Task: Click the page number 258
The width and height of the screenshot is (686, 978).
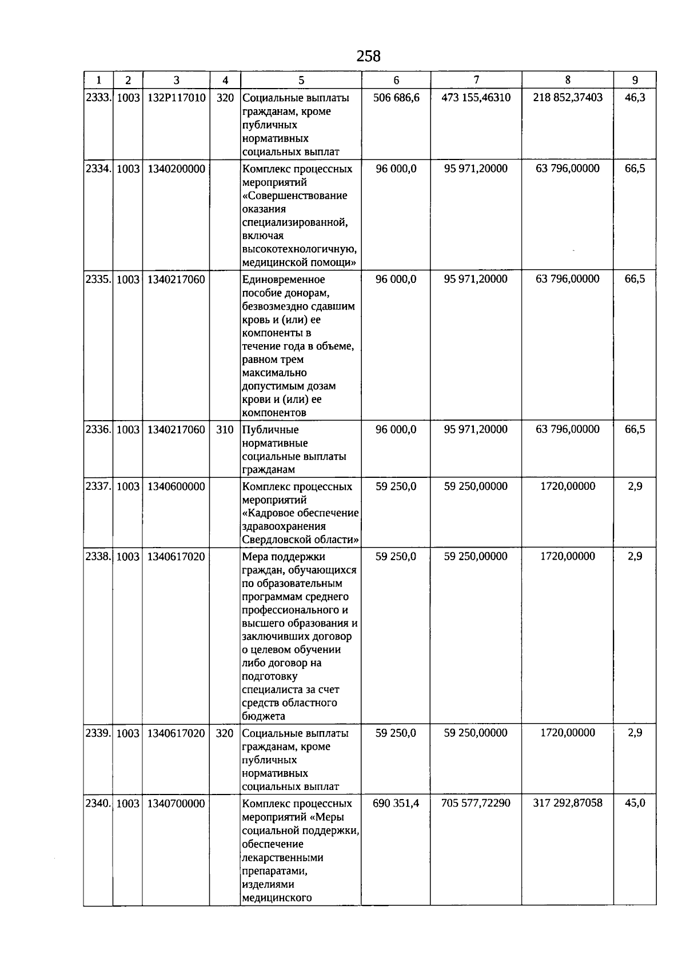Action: coord(368,56)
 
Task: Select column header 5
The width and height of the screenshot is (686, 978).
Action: coord(301,81)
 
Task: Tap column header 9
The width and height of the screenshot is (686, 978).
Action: coord(635,81)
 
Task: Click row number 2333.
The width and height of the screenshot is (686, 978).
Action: coord(98,98)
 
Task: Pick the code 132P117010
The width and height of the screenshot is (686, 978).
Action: coord(176,98)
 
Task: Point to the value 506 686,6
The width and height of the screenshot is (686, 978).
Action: coord(396,98)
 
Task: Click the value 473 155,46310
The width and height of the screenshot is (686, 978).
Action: coord(476,98)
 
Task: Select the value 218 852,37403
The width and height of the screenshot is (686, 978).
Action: coord(568,98)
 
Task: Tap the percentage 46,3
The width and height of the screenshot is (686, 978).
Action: coord(635,98)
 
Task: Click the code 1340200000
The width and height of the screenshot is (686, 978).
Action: coord(176,169)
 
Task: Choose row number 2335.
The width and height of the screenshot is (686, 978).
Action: coord(98,280)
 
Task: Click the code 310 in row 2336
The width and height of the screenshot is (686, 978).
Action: coord(225,430)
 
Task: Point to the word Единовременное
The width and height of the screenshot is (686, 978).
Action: coord(284,280)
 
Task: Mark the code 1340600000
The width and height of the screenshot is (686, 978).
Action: coord(176,487)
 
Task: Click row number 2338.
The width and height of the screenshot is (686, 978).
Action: coord(98,557)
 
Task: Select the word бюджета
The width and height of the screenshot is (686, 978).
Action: coord(264,716)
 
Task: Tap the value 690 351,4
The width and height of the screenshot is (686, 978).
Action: coord(396,803)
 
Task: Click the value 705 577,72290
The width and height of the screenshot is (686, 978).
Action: coord(476,803)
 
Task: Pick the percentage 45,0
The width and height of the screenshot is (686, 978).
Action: coord(635,803)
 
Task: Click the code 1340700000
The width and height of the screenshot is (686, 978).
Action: coord(176,804)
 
